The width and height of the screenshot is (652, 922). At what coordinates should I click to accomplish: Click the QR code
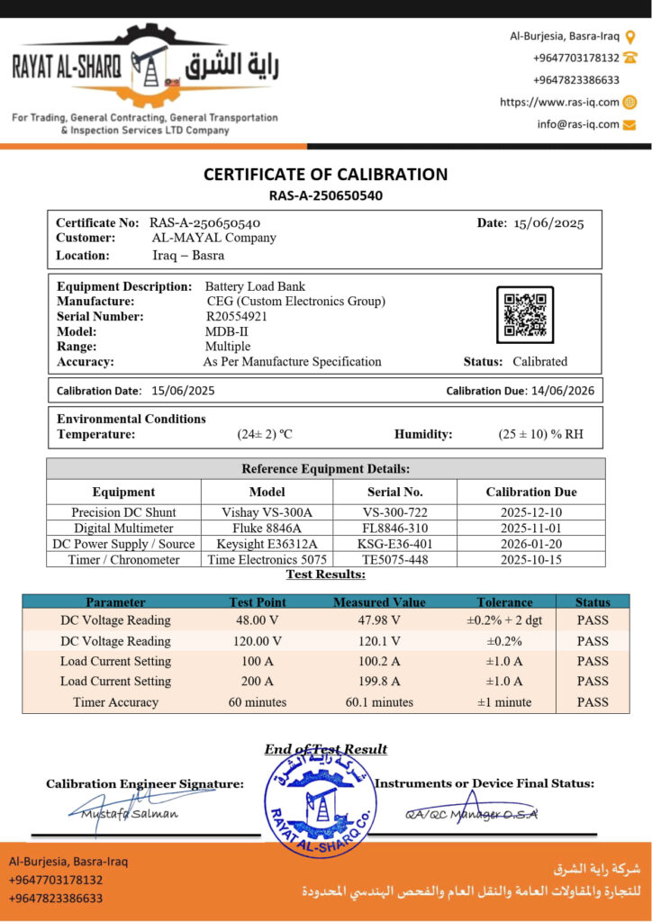tap(524, 314)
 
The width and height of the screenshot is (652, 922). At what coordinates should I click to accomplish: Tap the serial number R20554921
tap(237, 316)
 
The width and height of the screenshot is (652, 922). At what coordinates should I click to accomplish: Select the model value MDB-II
tap(226, 331)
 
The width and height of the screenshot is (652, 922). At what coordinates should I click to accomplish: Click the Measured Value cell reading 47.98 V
tap(379, 620)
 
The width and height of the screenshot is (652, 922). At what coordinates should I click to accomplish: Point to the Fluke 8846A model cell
tap(267, 528)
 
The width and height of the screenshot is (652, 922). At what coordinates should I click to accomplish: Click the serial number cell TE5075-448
tap(395, 559)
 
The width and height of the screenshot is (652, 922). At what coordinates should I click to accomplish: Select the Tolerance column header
tap(504, 601)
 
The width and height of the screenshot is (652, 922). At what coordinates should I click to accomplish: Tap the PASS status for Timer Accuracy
tap(593, 702)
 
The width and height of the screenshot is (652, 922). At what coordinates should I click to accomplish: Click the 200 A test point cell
tap(258, 682)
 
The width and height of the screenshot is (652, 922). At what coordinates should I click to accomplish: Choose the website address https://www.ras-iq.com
tap(559, 102)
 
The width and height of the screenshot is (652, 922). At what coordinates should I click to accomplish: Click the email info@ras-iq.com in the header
tap(578, 124)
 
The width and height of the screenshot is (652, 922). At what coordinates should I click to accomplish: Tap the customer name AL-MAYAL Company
tap(214, 238)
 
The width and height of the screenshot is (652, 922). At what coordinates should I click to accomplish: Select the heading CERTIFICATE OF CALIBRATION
tap(325, 175)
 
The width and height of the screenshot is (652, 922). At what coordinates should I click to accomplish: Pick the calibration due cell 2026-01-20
tap(531, 544)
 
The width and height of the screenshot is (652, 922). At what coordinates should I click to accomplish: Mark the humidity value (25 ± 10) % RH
tap(540, 434)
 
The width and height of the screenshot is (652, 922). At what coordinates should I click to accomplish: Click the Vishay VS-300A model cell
tap(267, 512)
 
